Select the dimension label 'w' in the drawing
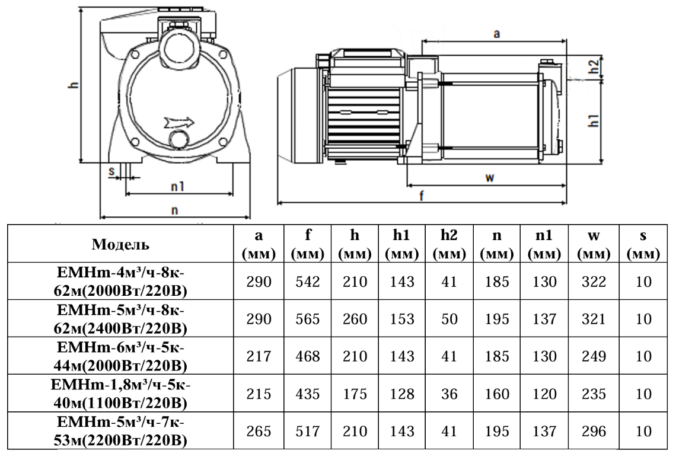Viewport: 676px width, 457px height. click(489, 178)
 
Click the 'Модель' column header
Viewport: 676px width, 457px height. click(121, 244)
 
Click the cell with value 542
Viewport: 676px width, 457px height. click(308, 282)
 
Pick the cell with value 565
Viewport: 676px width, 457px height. click(308, 319)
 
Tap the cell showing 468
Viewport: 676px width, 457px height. click(308, 357)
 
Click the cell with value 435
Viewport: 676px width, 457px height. click(308, 394)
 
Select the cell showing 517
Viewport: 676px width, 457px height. click(308, 432)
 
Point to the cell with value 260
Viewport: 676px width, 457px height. click(355, 319)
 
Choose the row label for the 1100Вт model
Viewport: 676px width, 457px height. click(121, 394)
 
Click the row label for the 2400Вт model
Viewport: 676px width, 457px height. click(121, 319)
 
